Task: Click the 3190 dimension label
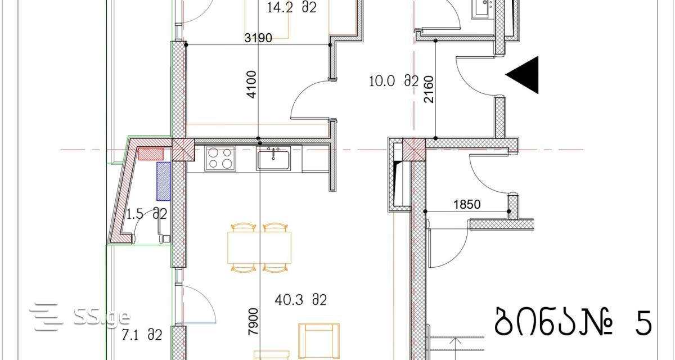coord(258,38)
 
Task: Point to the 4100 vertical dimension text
coord(251,84)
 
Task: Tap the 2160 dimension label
coord(429,89)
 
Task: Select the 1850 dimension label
coord(467,205)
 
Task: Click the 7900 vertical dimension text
coord(253,321)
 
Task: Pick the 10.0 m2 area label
coord(394,82)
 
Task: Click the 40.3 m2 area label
coord(301,300)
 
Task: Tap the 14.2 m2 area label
coord(291,7)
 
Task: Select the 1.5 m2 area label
coord(146,214)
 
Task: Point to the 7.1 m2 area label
coord(142,335)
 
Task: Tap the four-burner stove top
coord(220,159)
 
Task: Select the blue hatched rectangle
coord(163,181)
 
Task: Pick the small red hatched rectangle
coord(151,154)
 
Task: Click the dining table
coord(259,247)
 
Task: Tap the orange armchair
coord(319,341)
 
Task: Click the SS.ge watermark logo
coord(79,316)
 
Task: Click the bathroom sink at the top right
coord(483,8)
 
